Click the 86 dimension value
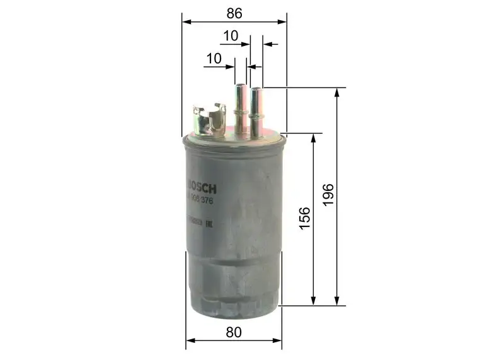234,12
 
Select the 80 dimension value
234,332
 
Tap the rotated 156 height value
304,218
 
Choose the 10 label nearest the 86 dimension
230,36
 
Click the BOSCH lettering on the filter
202,188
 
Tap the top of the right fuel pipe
256,90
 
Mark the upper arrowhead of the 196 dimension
338,92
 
